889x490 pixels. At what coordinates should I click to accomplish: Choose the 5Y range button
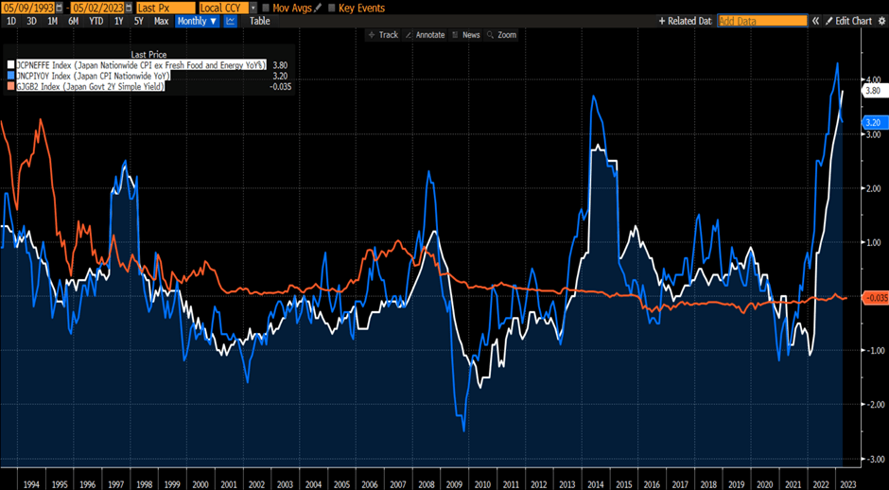pyautogui.click(x=138, y=21)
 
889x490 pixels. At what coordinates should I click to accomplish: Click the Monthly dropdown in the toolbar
pyautogui.click(x=197, y=21)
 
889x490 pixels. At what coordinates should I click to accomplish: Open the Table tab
pyautogui.click(x=259, y=21)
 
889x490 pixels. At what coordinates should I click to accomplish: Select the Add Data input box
pyautogui.click(x=762, y=21)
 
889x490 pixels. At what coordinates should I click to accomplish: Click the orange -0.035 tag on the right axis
pyautogui.click(x=874, y=298)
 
